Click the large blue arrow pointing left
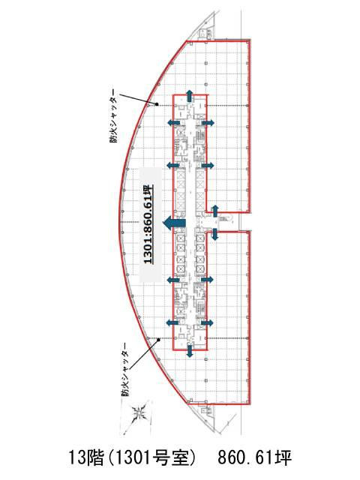174,223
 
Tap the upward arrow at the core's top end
190,96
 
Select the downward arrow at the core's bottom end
190,351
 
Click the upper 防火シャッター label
114,116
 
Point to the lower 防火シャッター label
125,370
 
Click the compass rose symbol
139,414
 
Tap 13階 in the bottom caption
86,458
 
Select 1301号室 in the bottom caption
151,458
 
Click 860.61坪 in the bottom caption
255,458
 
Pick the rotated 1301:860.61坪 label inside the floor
148,225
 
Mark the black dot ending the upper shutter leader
157,104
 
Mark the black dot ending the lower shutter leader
158,340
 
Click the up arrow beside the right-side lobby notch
215,211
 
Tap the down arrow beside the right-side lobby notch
215,234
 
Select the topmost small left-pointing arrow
173,123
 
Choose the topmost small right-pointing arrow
208,123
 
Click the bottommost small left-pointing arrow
173,322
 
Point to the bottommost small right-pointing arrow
207,322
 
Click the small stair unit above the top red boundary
204,34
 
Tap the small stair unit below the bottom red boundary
204,410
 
